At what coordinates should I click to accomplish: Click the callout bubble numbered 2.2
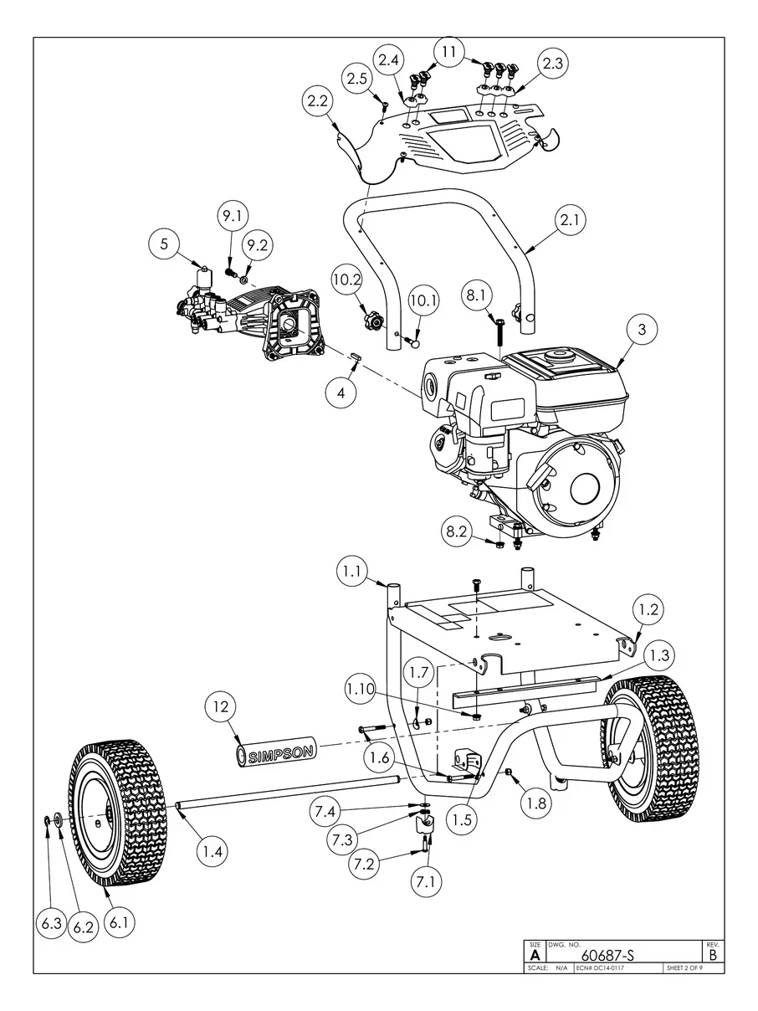[x=318, y=102]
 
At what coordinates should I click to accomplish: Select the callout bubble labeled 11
[x=450, y=53]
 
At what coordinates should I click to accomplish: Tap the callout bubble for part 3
[x=642, y=330]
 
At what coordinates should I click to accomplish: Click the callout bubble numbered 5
[x=165, y=244]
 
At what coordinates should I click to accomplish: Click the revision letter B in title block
[x=712, y=954]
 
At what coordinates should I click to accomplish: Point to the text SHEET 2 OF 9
[x=684, y=967]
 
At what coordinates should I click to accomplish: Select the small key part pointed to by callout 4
[x=356, y=357]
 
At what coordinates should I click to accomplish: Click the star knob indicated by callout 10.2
[x=370, y=320]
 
